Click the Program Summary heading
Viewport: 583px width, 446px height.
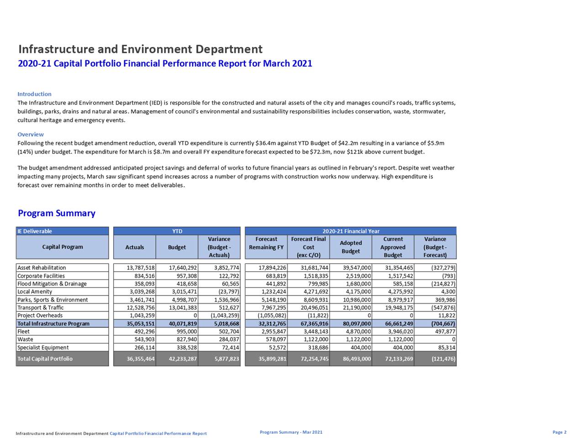pyautogui.click(x=57, y=213)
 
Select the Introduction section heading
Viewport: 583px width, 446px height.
pyautogui.click(x=34, y=94)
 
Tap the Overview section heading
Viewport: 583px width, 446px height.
pyautogui.click(x=31, y=134)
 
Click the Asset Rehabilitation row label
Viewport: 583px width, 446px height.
pyautogui.click(x=42, y=268)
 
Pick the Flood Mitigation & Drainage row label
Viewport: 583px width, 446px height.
pyautogui.click(x=52, y=284)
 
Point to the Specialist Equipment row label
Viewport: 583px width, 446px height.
pyautogui.click(x=43, y=347)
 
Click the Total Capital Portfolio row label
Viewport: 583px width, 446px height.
pyautogui.click(x=45, y=359)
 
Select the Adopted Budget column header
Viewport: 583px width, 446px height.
pyautogui.click(x=351, y=247)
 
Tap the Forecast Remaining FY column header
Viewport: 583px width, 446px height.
pyautogui.click(x=266, y=243)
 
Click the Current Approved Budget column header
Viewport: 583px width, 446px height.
pyautogui.click(x=393, y=247)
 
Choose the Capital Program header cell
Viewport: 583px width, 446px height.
pyautogui.click(x=63, y=247)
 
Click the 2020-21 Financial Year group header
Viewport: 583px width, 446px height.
pyautogui.click(x=351, y=231)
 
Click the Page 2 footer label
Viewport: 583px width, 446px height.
pyautogui.click(x=559, y=432)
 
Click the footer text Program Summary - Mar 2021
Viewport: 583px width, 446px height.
pyautogui.click(x=291, y=432)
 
